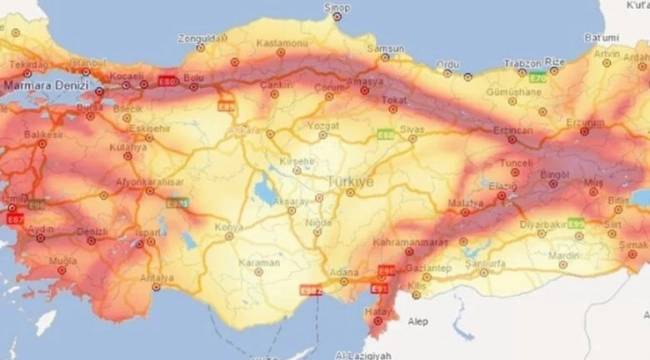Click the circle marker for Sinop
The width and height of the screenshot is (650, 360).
click(x=338, y=18)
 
